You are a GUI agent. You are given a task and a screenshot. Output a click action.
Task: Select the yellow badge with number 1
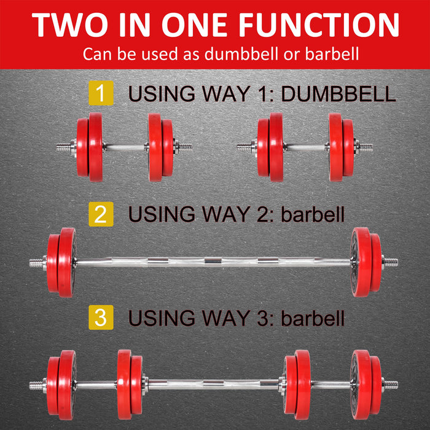101,94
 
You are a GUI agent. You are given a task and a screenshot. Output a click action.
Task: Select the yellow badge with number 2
101,214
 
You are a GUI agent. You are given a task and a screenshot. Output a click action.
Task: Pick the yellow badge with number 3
101,318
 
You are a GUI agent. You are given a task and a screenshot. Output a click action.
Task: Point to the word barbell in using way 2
313,214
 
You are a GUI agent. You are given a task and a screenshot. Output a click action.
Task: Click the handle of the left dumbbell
126,147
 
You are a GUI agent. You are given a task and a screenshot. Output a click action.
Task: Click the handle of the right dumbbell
306,147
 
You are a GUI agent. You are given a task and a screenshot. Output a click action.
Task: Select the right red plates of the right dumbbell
342,147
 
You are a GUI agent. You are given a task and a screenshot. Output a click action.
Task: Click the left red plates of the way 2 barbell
61,262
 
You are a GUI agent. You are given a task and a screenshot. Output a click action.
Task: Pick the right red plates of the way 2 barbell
366,262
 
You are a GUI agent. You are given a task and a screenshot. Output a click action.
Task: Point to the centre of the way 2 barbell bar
213,262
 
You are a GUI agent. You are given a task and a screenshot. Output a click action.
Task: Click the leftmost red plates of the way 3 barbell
61,385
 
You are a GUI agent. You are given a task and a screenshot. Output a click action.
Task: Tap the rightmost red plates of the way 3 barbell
366,385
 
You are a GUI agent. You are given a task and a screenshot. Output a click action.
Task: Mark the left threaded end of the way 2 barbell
37,262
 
